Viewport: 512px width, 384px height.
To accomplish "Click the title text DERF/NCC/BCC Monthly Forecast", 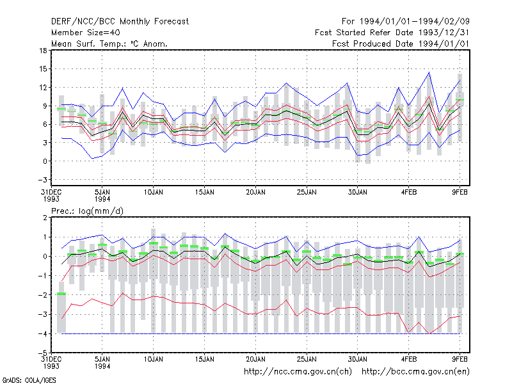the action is point(120,22).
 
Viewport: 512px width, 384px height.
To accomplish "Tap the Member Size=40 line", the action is point(86,33).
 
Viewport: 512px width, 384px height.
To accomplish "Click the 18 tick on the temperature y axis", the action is point(43,51).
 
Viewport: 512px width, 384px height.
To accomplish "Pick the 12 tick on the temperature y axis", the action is point(43,88).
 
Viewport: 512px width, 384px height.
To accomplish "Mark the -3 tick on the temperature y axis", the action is point(42,180).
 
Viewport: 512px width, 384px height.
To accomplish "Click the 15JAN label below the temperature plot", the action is point(205,192).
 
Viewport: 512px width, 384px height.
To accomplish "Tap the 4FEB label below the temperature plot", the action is point(409,192).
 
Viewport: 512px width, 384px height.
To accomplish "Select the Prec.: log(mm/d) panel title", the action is point(87,211).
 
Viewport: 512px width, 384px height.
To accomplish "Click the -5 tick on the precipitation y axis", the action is point(42,353).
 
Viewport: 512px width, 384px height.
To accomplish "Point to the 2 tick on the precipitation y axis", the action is point(45,218).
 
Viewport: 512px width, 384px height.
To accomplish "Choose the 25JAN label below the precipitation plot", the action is point(307,359).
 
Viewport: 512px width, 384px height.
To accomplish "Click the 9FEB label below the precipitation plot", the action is point(460,359).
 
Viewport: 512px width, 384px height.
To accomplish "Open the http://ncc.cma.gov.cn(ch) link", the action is point(298,372).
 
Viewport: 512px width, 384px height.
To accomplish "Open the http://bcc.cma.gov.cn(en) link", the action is point(415,372).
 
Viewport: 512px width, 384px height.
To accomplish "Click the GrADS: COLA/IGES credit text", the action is point(29,380).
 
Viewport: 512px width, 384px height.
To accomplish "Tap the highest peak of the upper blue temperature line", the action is point(429,72).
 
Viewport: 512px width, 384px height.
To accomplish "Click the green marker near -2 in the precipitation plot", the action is point(61,294).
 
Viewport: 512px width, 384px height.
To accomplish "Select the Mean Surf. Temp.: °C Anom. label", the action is point(109,44).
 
